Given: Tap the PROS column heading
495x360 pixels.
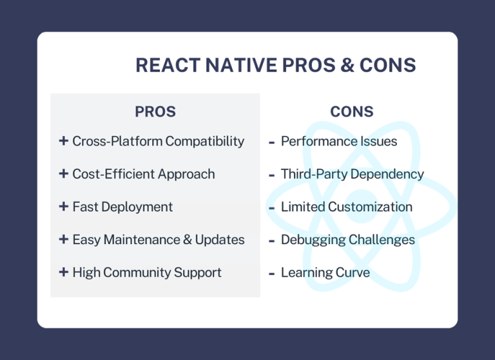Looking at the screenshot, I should pos(155,111).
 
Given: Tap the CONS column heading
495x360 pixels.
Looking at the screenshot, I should pos(352,111).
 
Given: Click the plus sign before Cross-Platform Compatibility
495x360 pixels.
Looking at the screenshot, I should pos(63,141).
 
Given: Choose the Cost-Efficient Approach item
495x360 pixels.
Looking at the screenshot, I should pos(143,174).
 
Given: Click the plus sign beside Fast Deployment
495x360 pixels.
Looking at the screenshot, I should pos(63,207).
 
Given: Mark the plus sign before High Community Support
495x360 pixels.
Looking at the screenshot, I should pos(63,272).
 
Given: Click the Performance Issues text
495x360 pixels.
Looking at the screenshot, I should pos(339,141).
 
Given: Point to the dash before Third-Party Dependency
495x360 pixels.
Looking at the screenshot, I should pos(272,175).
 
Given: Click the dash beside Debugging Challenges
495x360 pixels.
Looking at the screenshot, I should pos(272,240).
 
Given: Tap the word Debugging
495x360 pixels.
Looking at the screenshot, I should pos(312,240).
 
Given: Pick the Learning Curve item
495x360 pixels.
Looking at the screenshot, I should pos(325,272).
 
